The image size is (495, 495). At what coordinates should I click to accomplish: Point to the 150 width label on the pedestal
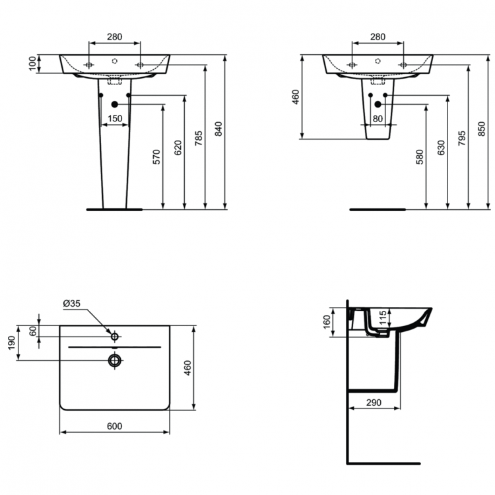click(x=115, y=118)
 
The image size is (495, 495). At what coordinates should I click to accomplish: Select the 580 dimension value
click(x=420, y=157)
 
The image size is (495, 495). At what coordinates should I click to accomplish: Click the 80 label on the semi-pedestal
click(x=378, y=119)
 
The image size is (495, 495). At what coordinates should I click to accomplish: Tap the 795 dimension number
click(x=461, y=137)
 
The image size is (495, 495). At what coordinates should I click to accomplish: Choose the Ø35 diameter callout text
click(x=72, y=304)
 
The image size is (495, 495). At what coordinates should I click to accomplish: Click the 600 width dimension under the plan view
click(x=114, y=426)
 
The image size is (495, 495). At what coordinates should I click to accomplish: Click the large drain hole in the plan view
click(x=115, y=360)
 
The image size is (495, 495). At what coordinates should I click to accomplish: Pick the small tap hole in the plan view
click(x=115, y=337)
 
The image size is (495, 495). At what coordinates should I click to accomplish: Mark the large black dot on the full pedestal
click(x=115, y=104)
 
